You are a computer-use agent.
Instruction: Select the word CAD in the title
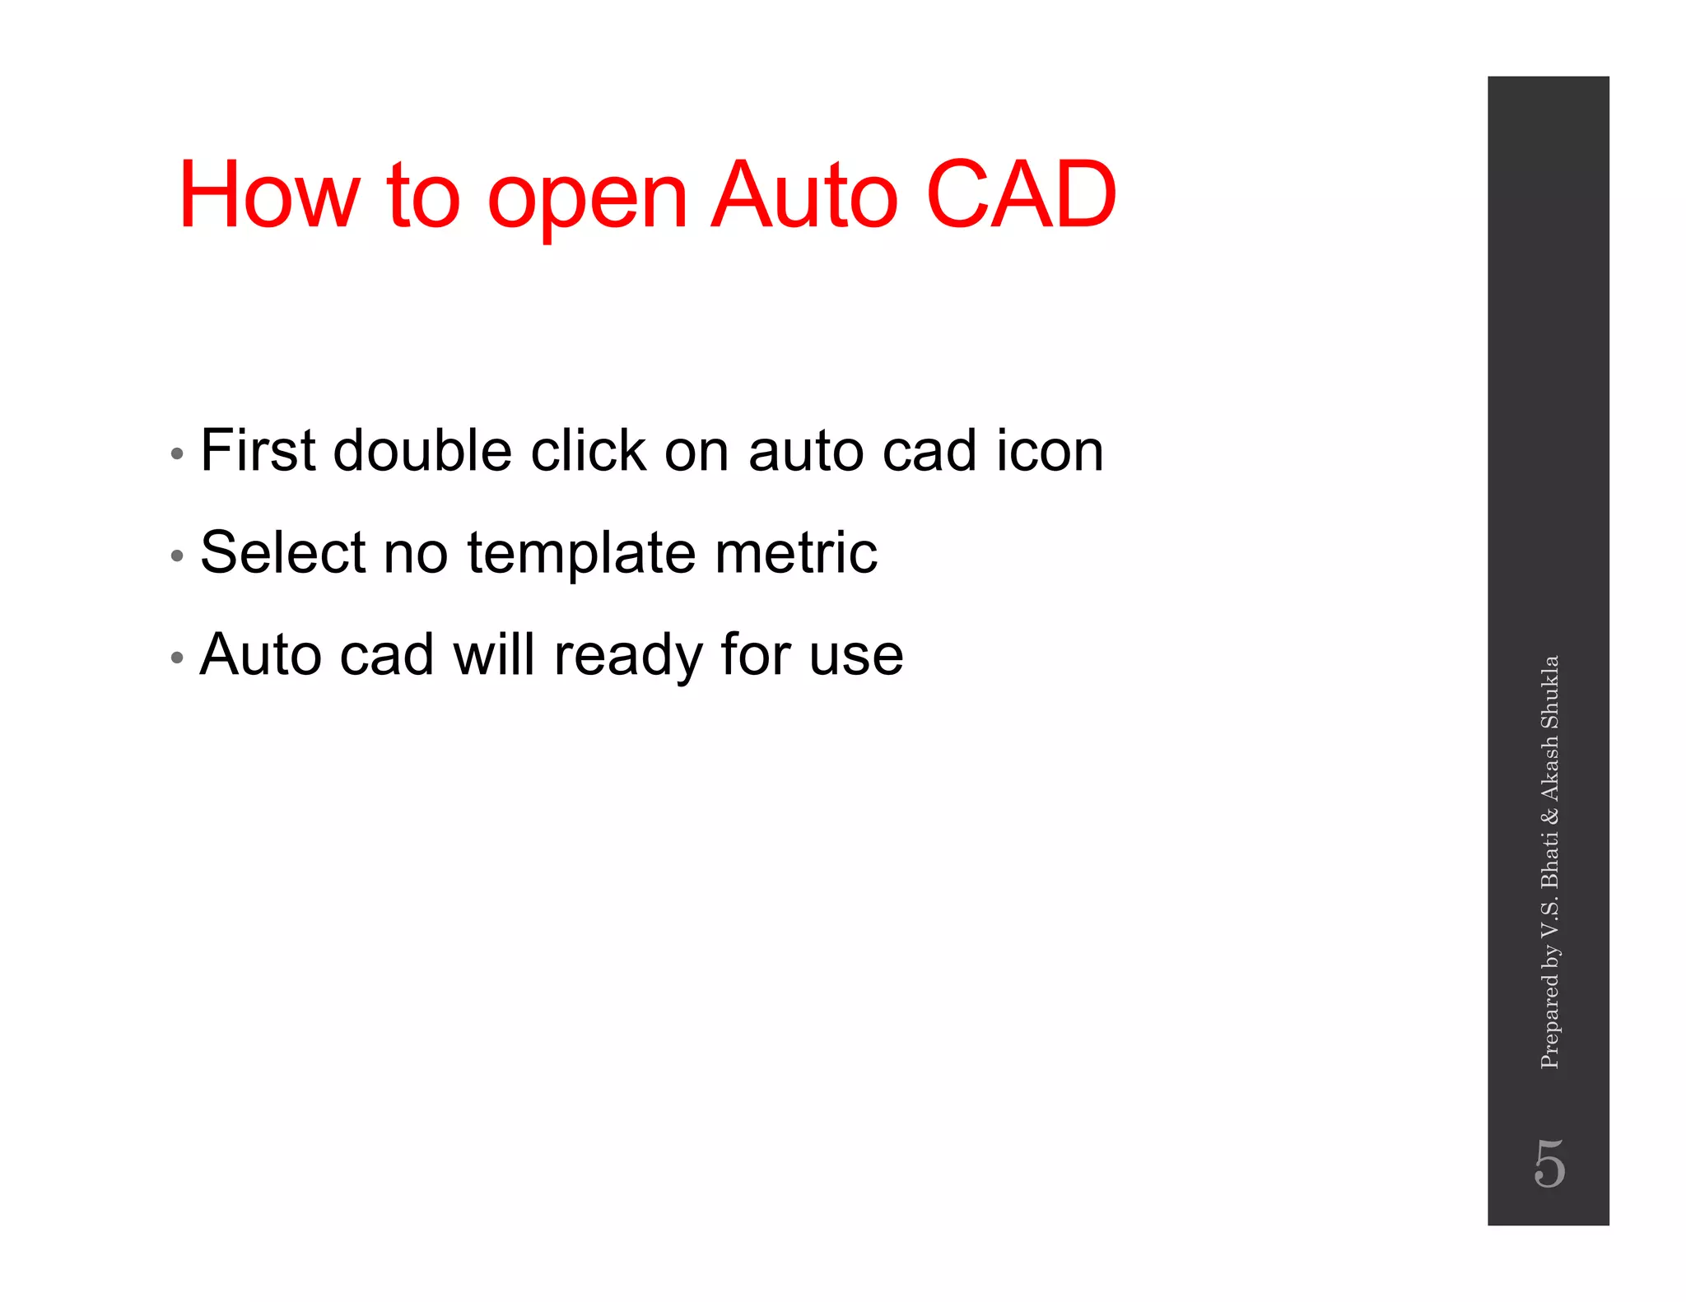[x=1021, y=196]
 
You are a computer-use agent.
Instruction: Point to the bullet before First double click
[x=176, y=453]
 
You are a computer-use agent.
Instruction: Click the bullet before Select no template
[x=176, y=556]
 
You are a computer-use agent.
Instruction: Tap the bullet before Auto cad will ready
[x=176, y=658]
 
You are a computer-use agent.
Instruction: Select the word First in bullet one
[x=258, y=451]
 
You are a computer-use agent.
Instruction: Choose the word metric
[x=795, y=552]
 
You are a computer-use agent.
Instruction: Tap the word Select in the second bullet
[x=282, y=552]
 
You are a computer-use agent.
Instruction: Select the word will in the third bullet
[x=493, y=654]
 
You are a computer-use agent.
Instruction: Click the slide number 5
[x=1549, y=1164]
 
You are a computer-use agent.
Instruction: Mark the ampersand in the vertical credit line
[x=1549, y=816]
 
